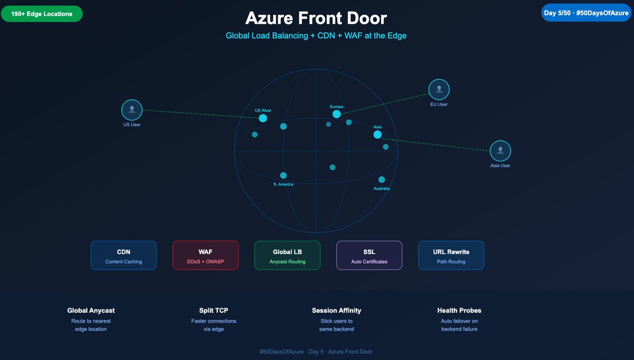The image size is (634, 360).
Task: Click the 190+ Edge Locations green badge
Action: point(42,14)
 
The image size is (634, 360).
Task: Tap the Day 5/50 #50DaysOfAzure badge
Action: point(586,13)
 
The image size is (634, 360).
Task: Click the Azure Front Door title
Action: point(316,18)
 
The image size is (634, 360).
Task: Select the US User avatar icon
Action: point(132,110)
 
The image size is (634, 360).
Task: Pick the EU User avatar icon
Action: point(438,90)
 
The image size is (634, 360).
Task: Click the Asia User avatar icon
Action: point(500,151)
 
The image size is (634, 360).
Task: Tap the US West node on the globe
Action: point(263,118)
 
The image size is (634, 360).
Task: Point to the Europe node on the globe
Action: point(336,114)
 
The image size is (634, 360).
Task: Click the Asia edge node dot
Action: point(377,135)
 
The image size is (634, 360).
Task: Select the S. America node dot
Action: point(283,176)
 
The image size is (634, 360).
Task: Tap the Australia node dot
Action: point(381,180)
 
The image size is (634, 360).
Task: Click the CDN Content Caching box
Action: point(124,255)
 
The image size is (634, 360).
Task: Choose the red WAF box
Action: point(205,255)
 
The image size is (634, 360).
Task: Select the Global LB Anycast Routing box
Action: point(287,255)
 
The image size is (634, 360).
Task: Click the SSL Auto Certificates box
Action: point(369,255)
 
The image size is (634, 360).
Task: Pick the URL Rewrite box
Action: point(451,255)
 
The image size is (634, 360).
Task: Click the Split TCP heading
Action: point(214,310)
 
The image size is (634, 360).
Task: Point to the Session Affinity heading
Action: point(336,310)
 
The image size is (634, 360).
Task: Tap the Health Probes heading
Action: point(459,310)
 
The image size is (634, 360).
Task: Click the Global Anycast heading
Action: point(91,310)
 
